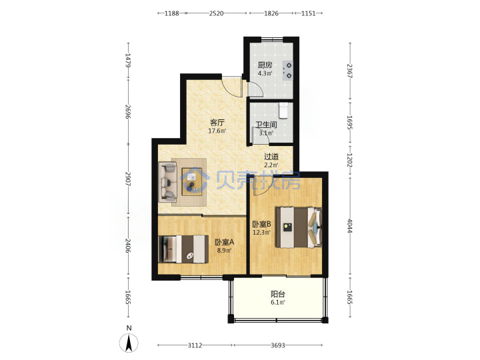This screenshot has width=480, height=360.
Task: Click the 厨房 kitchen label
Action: click(265, 65)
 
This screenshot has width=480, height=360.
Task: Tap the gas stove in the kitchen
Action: click(288, 71)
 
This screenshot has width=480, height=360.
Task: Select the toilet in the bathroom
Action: click(283, 110)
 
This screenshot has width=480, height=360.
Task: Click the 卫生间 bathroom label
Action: click(266, 125)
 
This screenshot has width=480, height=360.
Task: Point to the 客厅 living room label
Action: click(217, 123)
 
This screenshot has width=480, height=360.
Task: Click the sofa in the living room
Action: click(168, 182)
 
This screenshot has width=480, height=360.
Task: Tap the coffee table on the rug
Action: click(192, 181)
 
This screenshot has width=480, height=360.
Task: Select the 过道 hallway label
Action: click(271, 157)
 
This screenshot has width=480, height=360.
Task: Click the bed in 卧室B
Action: click(299, 227)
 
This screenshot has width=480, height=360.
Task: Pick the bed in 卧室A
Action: click(183, 249)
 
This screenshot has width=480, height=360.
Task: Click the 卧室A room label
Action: click(225, 242)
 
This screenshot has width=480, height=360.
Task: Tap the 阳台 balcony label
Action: click(278, 294)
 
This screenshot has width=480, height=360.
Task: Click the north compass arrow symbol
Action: click(129, 343)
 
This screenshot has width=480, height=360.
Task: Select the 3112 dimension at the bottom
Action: click(195, 345)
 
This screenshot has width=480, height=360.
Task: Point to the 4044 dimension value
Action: click(349, 225)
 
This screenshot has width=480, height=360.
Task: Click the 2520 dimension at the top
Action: click(216, 13)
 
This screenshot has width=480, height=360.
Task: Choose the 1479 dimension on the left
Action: click(128, 60)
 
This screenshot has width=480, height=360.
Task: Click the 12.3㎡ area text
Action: click(261, 233)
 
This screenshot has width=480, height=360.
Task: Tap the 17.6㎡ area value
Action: click(217, 131)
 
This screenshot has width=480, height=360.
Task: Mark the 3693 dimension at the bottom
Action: click(278, 345)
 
